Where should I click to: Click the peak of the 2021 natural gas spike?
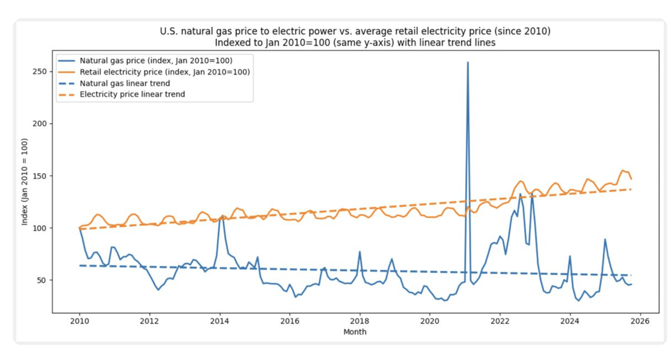click(468, 62)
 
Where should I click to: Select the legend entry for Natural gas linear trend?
click(125, 83)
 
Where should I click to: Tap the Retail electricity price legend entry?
click(164, 72)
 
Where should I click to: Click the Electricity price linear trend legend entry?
click(132, 95)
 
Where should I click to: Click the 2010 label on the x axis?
click(79, 321)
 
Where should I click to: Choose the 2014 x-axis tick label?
click(219, 321)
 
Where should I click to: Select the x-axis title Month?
click(355, 332)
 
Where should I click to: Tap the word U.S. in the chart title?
click(169, 31)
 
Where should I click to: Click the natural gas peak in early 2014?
click(221, 216)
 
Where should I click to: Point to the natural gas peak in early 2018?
click(360, 251)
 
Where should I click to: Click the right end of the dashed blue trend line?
click(631, 275)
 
